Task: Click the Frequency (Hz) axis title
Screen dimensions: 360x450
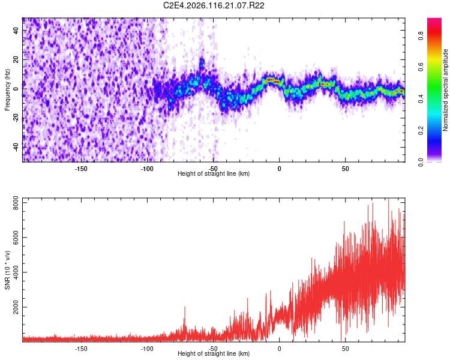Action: coord(7,90)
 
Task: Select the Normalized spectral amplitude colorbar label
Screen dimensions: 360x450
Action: coord(446,90)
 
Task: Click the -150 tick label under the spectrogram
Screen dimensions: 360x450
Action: coord(81,169)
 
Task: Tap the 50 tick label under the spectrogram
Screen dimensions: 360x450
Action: coord(345,169)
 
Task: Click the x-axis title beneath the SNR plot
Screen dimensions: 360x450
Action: coord(214,354)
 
